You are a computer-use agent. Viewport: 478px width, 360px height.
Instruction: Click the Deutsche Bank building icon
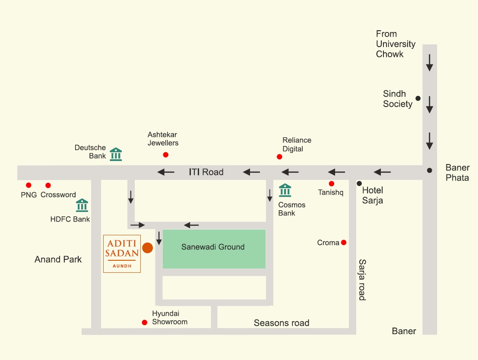[116, 154]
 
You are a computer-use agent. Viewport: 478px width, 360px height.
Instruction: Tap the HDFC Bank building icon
[82, 205]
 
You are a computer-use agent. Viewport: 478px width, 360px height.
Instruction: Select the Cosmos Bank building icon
[285, 190]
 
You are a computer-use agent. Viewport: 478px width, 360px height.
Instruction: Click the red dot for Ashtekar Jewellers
[165, 155]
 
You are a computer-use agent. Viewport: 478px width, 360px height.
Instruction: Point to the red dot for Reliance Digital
[279, 157]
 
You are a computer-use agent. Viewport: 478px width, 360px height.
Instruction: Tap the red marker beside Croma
[344, 243]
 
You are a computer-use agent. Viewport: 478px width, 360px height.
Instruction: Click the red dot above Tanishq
[332, 183]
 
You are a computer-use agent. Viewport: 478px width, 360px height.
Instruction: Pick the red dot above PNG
[28, 185]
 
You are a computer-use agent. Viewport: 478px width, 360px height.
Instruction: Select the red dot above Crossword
[48, 185]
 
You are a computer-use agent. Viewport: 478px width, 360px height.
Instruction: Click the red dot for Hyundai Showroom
[145, 322]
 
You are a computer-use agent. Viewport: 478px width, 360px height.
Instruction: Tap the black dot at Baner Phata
[429, 170]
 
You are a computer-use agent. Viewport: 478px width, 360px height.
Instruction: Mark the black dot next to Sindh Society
[418, 98]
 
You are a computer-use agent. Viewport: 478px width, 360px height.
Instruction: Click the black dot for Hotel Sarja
[359, 183]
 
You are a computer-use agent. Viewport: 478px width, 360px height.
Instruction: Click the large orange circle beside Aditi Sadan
[148, 248]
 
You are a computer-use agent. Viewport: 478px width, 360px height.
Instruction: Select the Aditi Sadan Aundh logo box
[122, 254]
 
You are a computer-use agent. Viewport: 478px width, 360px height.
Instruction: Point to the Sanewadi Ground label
[213, 247]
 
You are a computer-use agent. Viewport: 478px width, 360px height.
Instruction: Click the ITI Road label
[206, 172]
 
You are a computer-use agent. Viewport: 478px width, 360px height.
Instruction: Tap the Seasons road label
[282, 323]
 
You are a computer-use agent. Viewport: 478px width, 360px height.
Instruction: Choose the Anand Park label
[58, 259]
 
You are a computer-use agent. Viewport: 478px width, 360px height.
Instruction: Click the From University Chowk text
[396, 44]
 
